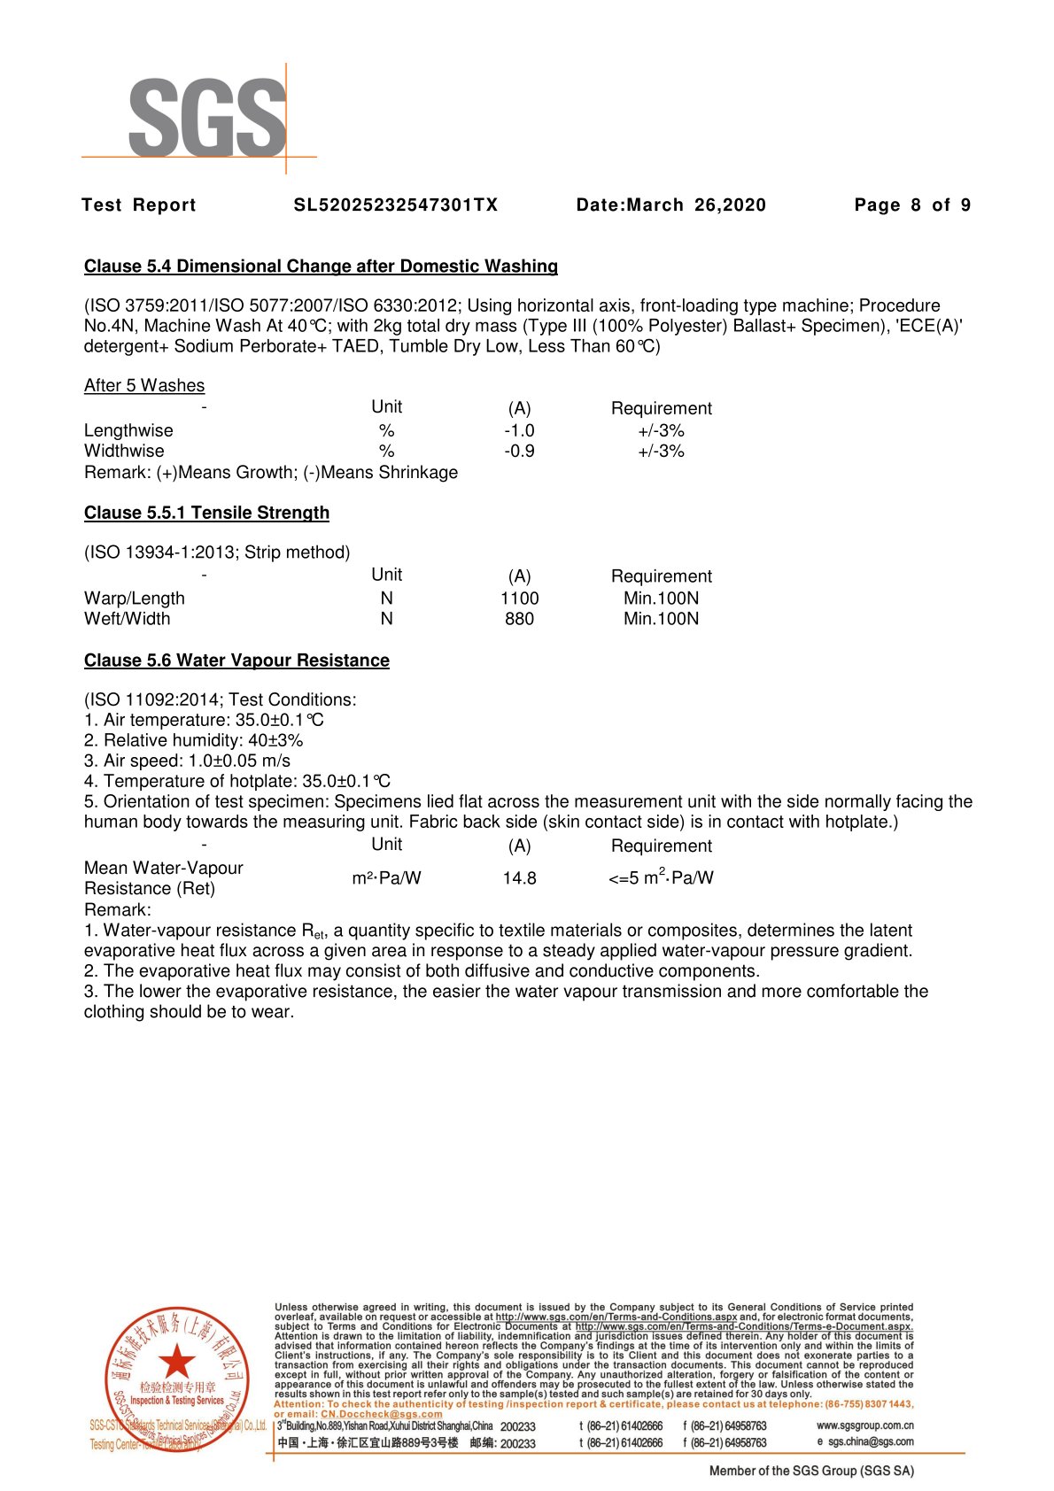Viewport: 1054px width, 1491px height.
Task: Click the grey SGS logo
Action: pyautogui.click(x=207, y=117)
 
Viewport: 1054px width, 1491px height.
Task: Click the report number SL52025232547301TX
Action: pyautogui.click(x=396, y=205)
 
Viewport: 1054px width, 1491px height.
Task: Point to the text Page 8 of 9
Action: pyautogui.click(x=912, y=205)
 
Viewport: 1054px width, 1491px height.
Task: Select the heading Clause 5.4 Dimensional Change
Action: pyautogui.click(x=321, y=267)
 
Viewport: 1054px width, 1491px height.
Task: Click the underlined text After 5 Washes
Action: pyautogui.click(x=144, y=385)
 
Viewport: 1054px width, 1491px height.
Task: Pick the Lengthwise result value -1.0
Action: pyautogui.click(x=519, y=430)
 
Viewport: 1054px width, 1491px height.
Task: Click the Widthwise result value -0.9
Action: pyautogui.click(x=519, y=451)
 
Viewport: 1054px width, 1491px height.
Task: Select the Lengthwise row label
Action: pyautogui.click(x=128, y=430)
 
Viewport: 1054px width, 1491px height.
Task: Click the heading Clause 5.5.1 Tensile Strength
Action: pyautogui.click(x=206, y=513)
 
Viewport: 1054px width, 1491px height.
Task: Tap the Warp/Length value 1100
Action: pyautogui.click(x=519, y=599)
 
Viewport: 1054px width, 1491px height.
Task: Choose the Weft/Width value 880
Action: pyautogui.click(x=519, y=619)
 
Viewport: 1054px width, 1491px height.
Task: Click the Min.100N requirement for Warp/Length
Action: pyautogui.click(x=661, y=599)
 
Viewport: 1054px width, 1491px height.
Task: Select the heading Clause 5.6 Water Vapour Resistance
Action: pyautogui.click(x=236, y=661)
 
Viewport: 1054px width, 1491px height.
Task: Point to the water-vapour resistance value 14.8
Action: pyautogui.click(x=519, y=878)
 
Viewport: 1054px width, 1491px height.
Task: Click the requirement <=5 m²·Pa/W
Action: pyautogui.click(x=661, y=877)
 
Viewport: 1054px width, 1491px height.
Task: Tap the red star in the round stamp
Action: pyautogui.click(x=177, y=1361)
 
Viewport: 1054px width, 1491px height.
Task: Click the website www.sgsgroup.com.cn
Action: pyautogui.click(x=864, y=1425)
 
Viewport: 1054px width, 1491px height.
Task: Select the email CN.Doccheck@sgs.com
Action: pyautogui.click(x=381, y=1414)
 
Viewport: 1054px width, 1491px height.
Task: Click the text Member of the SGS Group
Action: pyautogui.click(x=810, y=1471)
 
